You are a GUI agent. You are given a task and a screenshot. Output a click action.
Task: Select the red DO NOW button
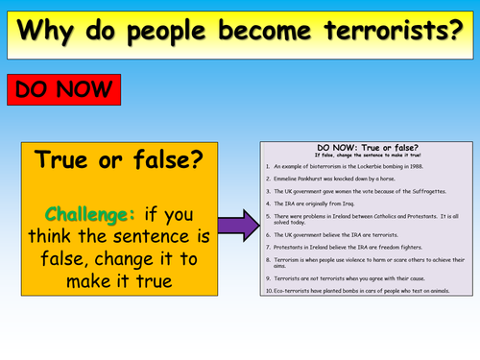click(x=64, y=91)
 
